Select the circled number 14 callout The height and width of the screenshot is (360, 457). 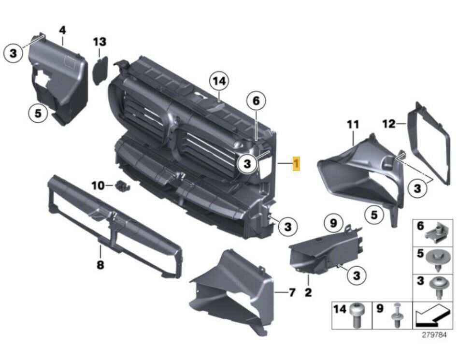pyautogui.click(x=219, y=82)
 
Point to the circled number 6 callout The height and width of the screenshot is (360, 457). pyautogui.click(x=256, y=101)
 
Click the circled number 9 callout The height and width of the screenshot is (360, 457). pyautogui.click(x=333, y=223)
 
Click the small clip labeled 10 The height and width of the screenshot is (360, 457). pyautogui.click(x=120, y=185)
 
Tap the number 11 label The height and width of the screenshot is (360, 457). pyautogui.click(x=353, y=124)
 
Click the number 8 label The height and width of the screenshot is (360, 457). pyautogui.click(x=100, y=264)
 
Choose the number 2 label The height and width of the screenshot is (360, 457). pyautogui.click(x=308, y=291)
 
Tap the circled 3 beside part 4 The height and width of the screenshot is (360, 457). pyautogui.click(x=14, y=53)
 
